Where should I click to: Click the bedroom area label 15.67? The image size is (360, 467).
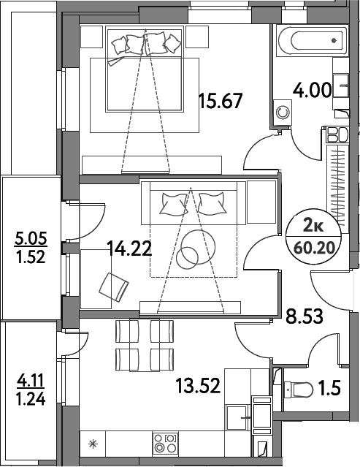tap(221, 101)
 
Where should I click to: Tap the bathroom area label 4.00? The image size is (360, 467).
tap(312, 90)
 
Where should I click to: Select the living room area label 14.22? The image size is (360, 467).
tap(130, 248)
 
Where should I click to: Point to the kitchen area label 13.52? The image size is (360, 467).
tap(198, 385)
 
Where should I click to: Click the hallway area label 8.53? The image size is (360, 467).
tap(305, 316)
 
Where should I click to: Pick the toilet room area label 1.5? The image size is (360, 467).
tap(330, 387)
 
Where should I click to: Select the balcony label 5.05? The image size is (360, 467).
tap(31, 239)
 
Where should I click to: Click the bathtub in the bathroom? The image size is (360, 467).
tap(312, 40)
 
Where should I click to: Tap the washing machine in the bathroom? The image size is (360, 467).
tap(283, 113)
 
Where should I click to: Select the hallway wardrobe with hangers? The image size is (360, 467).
tap(337, 189)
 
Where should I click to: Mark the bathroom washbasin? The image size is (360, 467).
tap(341, 86)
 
